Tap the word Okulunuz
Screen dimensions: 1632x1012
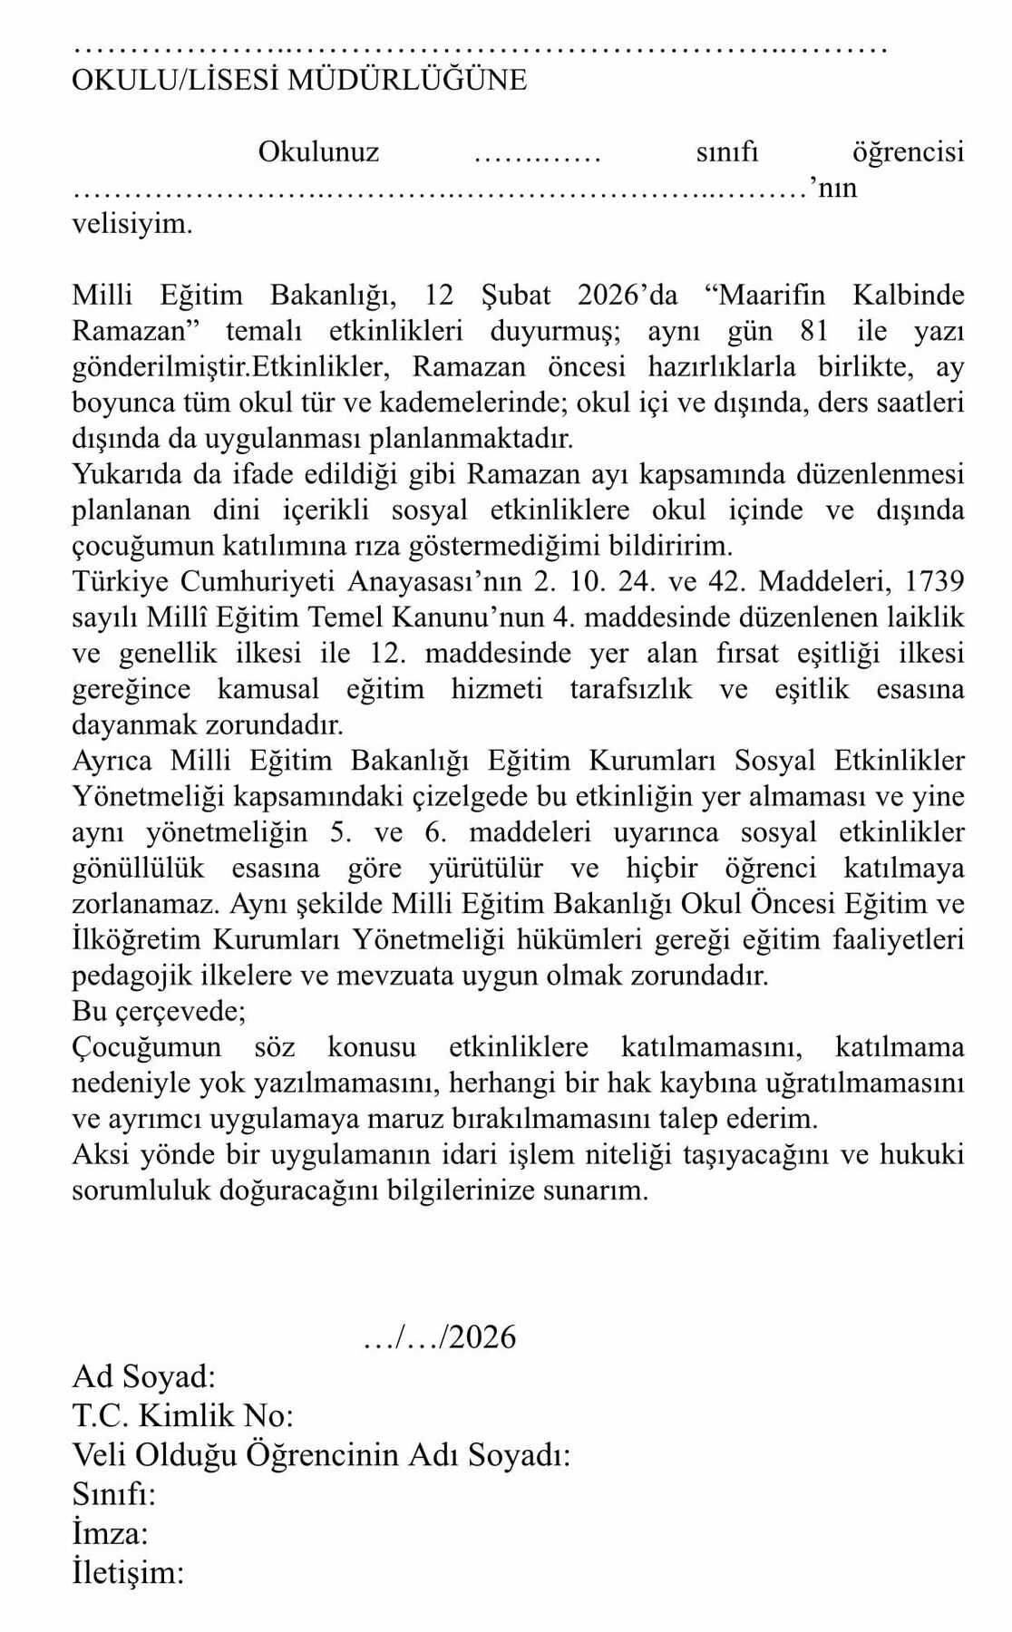[318, 151]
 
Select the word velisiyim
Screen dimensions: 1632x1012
[132, 223]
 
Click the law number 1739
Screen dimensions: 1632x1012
[934, 581]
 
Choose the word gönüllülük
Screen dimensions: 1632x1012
[138, 868]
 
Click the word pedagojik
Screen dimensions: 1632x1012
[131, 976]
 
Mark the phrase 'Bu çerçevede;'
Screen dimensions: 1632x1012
[158, 1010]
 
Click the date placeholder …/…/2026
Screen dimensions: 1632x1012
[439, 1336]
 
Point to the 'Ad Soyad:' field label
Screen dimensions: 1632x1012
[144, 1376]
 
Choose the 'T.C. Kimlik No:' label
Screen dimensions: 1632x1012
[182, 1415]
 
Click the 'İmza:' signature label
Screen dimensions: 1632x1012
[110, 1532]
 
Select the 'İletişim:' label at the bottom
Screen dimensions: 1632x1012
[128, 1571]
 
